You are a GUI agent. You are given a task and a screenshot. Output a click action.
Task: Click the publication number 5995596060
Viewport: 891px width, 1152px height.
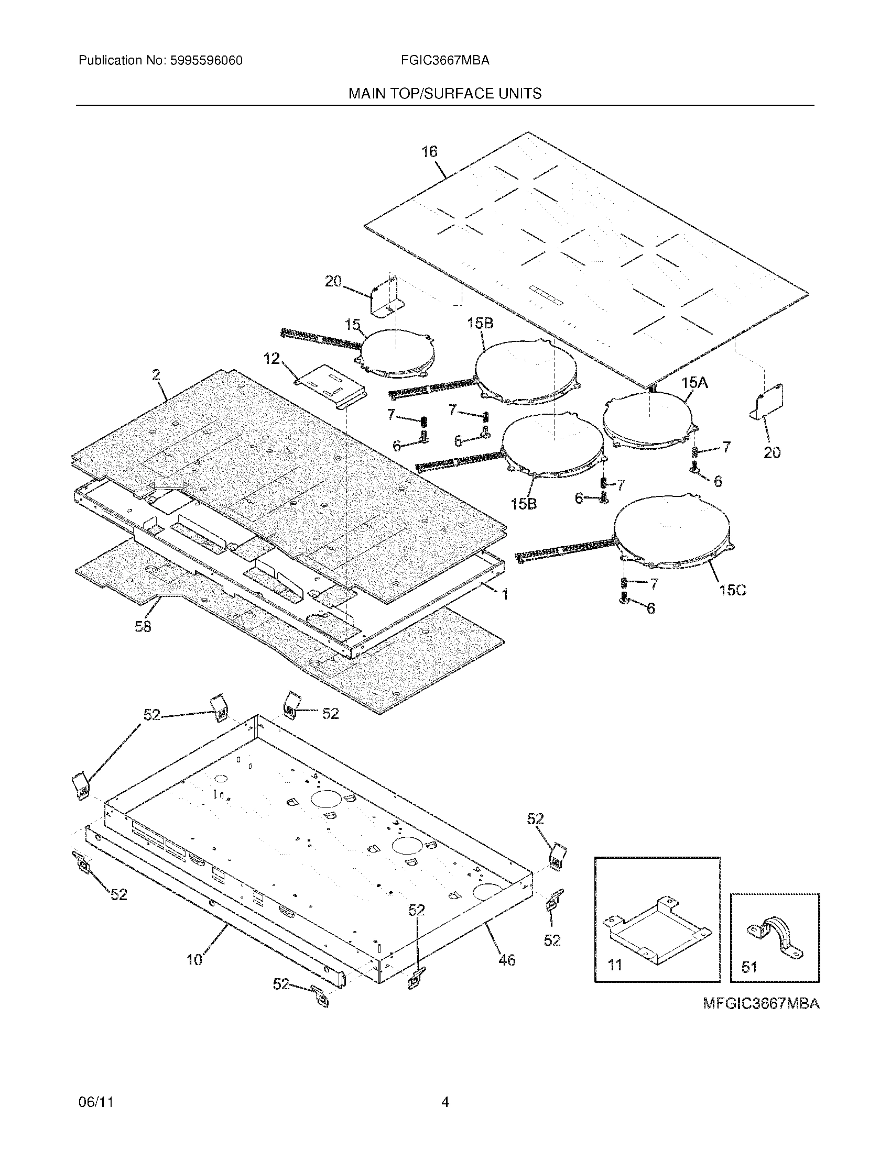click(207, 61)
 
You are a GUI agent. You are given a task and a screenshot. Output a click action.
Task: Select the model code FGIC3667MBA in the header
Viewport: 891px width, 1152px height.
click(444, 61)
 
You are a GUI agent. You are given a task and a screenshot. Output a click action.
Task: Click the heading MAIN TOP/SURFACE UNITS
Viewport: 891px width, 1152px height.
click(444, 94)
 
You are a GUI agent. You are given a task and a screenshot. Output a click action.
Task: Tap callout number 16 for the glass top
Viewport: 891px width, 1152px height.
click(429, 152)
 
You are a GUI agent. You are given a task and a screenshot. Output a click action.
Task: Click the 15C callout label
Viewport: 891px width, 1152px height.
click(733, 590)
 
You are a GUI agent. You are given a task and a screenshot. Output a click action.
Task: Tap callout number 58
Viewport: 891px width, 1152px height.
click(143, 627)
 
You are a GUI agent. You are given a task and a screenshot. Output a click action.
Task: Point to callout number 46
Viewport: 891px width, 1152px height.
click(507, 960)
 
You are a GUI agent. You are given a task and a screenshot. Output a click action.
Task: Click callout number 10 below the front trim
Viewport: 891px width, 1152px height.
click(195, 960)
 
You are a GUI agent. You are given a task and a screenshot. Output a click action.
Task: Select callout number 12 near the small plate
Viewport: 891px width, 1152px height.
click(272, 359)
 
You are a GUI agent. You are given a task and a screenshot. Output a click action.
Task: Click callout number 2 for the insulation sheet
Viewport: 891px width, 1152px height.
click(156, 375)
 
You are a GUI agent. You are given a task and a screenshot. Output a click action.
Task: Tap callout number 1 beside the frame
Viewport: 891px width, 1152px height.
click(505, 594)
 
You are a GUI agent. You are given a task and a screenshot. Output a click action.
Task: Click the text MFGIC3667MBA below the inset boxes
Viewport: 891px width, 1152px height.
click(761, 1004)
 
